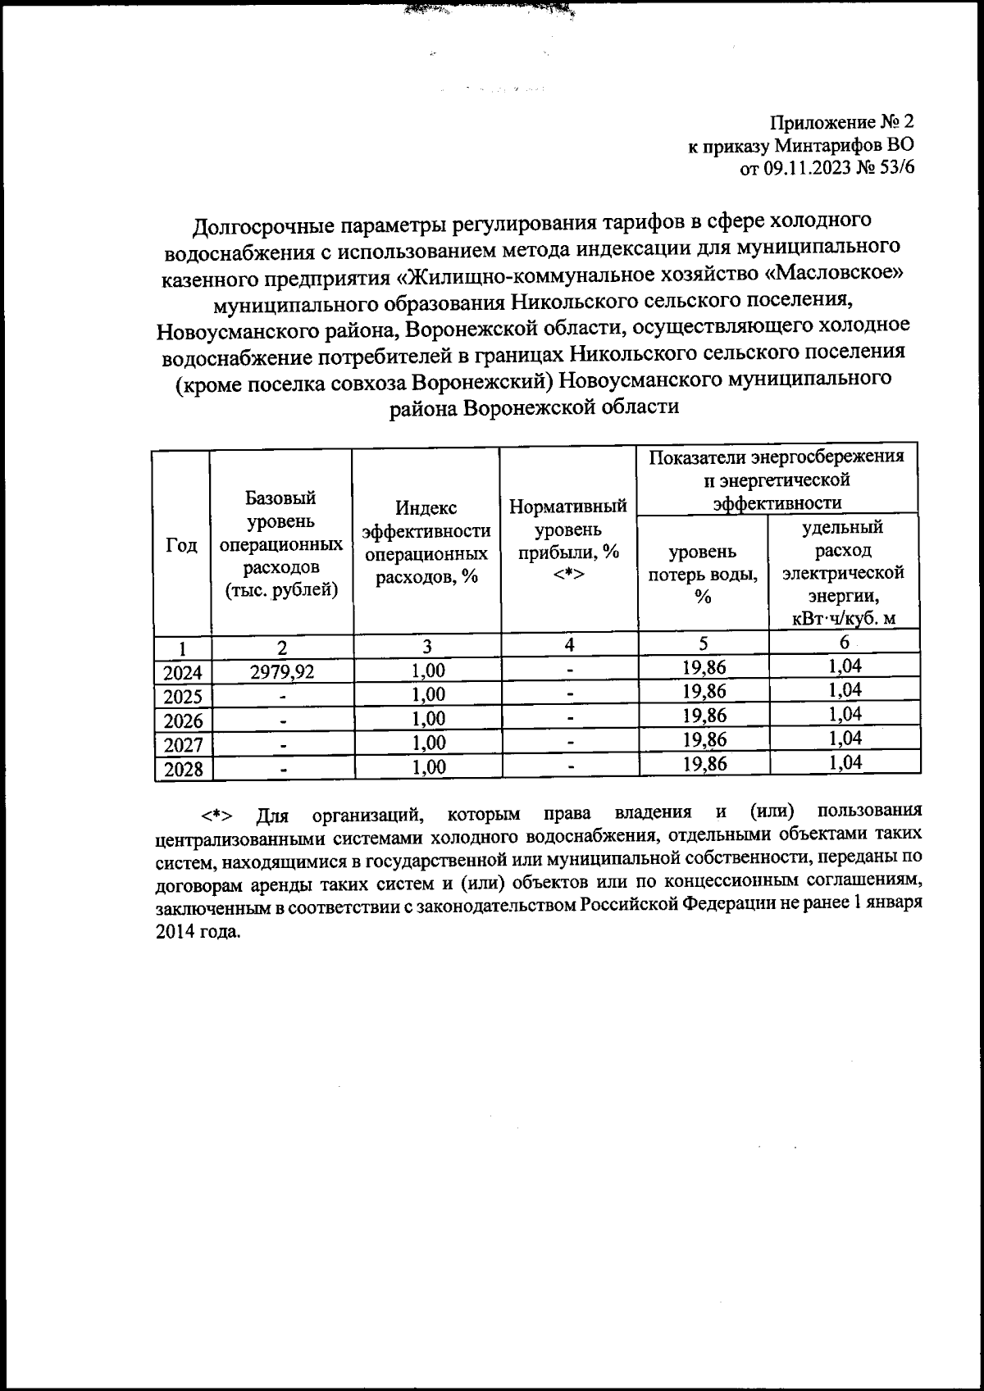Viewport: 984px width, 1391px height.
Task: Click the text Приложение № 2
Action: [x=841, y=123]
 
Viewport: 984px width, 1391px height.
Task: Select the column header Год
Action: [x=182, y=545]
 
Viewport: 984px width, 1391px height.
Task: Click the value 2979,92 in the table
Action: [x=282, y=671]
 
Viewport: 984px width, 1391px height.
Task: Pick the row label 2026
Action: [x=183, y=721]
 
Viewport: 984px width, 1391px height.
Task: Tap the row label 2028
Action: [x=183, y=770]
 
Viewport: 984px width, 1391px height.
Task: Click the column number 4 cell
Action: [x=568, y=644]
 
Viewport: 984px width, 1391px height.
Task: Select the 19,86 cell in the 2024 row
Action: [x=704, y=668]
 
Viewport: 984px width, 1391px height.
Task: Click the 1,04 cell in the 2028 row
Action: [x=845, y=763]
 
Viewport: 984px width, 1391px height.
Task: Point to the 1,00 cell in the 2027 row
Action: [x=428, y=743]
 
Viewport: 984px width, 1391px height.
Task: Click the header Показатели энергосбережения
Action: [x=777, y=457]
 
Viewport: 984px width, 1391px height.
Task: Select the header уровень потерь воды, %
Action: [x=703, y=574]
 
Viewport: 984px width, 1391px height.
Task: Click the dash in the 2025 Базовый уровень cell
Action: [x=282, y=697]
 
